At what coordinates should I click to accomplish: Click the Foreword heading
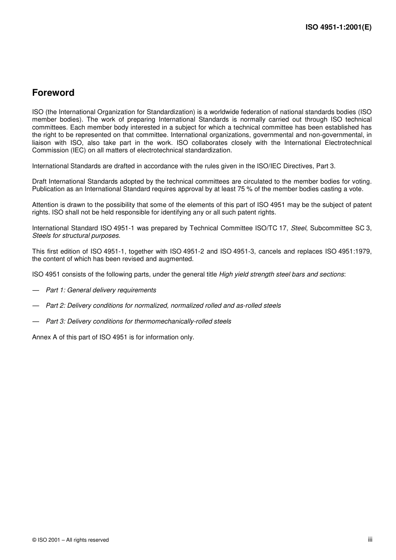[53, 93]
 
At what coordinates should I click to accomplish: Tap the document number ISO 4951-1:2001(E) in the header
[338, 27]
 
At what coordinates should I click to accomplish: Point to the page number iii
[370, 539]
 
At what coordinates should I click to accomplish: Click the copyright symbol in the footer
[34, 540]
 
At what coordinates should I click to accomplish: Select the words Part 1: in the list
[55, 290]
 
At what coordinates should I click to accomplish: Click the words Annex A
[45, 337]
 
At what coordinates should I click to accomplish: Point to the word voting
[361, 182]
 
